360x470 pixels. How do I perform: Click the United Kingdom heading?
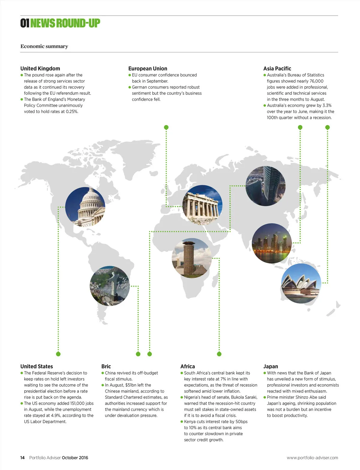pos(40,68)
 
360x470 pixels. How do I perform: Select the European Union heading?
pos(148,68)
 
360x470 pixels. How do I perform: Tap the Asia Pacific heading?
pos(277,68)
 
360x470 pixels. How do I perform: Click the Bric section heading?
pos(106,366)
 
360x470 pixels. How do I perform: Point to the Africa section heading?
pos(187,366)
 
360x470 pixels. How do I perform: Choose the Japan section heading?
pos(271,366)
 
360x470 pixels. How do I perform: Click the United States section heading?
pos(37,366)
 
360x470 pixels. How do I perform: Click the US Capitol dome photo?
pos(85,207)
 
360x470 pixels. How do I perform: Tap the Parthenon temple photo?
pos(202,205)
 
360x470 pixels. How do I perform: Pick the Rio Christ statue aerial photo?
pos(110,286)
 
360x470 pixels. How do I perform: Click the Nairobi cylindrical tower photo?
pos(192,258)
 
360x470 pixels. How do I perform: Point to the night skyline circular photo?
pos(271,243)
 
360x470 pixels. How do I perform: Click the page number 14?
pos(22,458)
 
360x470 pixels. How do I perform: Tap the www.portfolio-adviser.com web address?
pos(312,458)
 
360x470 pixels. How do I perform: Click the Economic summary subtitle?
pos(44,46)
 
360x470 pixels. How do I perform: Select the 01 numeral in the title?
pos(25,23)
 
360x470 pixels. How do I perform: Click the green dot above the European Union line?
pos(166,127)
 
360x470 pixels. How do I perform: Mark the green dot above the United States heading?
pos(58,354)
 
